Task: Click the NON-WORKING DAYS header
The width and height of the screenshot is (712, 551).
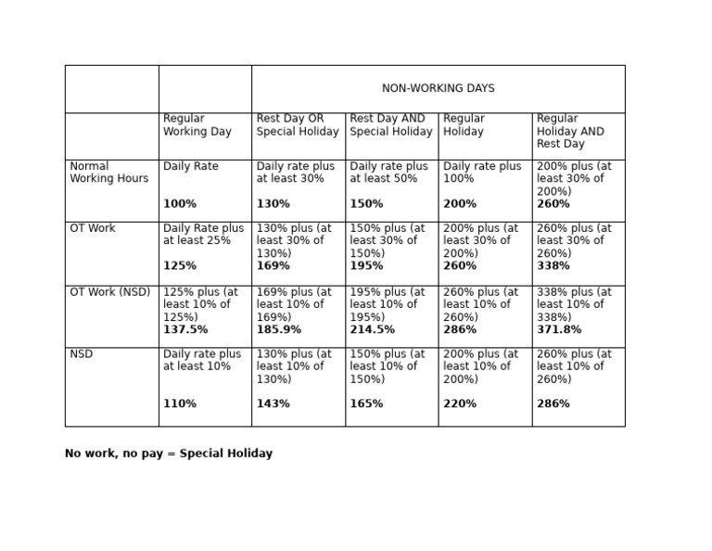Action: coord(438,89)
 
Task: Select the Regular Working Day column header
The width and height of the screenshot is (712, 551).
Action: coord(197,125)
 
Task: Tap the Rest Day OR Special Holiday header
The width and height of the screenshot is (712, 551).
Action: coord(298,125)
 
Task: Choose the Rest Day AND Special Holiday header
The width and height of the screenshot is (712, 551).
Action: coord(390,125)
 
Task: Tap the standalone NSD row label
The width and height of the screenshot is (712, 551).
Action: coord(82,354)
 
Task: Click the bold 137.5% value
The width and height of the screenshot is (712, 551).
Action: coord(185,330)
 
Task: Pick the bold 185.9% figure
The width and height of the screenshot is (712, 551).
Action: coord(279,330)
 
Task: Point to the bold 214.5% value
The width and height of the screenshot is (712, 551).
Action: coord(372,330)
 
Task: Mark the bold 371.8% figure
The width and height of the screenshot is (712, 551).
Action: coord(559,330)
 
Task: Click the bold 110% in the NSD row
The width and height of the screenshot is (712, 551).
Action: coord(180,404)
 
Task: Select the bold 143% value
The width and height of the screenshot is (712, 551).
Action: coord(273,404)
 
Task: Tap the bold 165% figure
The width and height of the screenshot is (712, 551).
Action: coord(366,404)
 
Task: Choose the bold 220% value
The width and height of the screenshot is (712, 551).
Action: coord(460,404)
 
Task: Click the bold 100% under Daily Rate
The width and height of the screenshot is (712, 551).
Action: coord(180,204)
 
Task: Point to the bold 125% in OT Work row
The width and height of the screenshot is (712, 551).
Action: coord(180,266)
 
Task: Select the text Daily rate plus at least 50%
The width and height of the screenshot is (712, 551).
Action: coord(388,173)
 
